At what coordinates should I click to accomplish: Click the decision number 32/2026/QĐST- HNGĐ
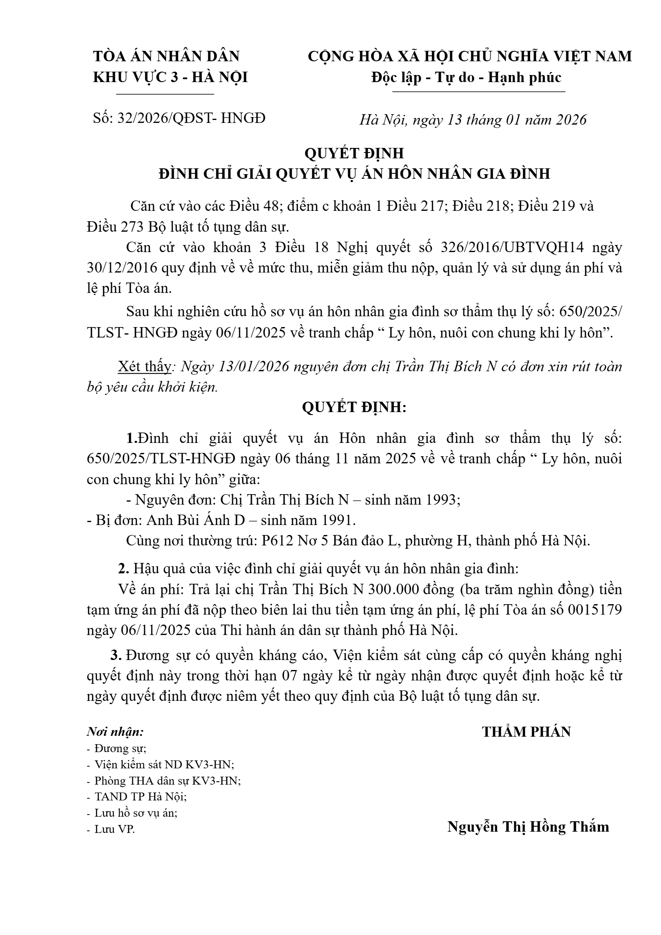(x=191, y=118)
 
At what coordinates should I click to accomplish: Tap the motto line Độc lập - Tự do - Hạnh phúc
(x=466, y=77)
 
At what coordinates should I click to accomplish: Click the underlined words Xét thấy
(x=144, y=366)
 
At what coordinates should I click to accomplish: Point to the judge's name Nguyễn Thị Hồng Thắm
(x=528, y=827)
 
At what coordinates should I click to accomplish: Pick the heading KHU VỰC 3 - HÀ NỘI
(x=170, y=77)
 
